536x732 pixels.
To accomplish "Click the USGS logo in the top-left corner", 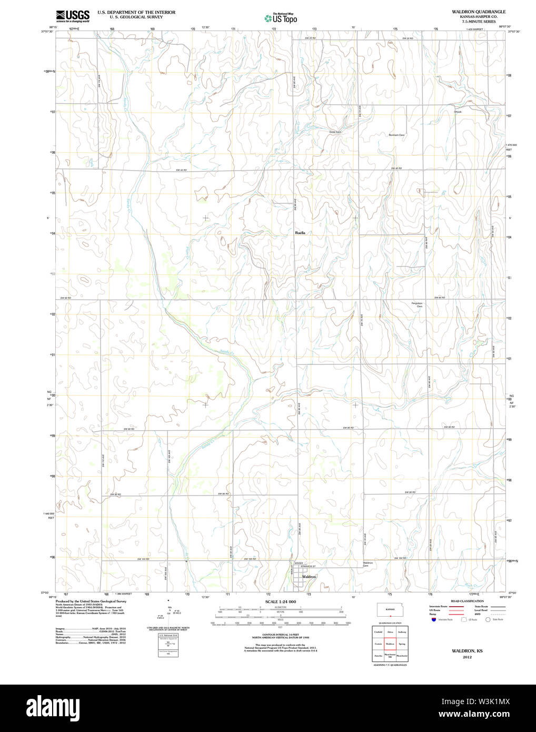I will (73, 16).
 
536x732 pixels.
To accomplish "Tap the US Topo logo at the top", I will (281, 18).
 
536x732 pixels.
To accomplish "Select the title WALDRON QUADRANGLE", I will (478, 12).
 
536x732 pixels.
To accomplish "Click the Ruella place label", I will (300, 233).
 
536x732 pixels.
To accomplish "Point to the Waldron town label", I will (309, 577).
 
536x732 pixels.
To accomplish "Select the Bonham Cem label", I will (396, 135).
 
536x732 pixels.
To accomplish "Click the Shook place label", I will (458, 112).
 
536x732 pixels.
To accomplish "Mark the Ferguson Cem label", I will (417, 304).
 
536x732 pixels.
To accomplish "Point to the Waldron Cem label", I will (368, 564).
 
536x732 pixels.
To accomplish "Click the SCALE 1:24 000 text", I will (281, 601).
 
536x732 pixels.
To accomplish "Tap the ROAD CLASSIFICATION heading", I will (467, 601).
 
